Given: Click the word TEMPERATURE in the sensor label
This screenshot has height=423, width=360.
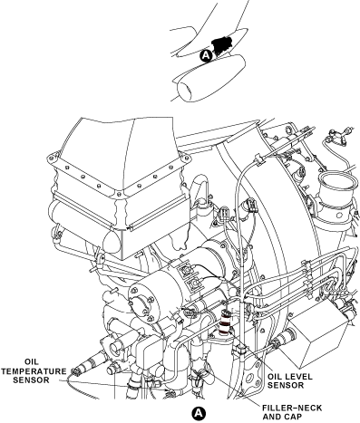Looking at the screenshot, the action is pyautogui.click(x=34, y=371).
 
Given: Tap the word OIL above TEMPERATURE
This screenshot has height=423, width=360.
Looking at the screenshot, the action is pyautogui.click(x=32, y=362).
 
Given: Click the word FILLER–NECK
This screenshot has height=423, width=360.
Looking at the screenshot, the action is pyautogui.click(x=292, y=409).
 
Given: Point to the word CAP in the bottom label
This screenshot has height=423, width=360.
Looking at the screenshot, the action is pyautogui.click(x=293, y=417).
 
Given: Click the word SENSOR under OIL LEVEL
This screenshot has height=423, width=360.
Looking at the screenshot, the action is pyautogui.click(x=286, y=385).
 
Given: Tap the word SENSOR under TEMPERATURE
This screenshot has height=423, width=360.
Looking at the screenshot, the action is pyautogui.click(x=31, y=380).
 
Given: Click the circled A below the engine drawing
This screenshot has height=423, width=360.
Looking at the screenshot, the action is pyautogui.click(x=199, y=413).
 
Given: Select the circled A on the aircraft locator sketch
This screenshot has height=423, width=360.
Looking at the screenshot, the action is pyautogui.click(x=206, y=56).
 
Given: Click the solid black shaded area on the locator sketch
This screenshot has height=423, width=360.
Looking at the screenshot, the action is pyautogui.click(x=221, y=44).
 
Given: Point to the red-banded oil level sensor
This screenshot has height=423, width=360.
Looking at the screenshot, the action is pyautogui.click(x=225, y=322).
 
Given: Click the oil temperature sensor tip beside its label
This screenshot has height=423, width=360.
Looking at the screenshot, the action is pyautogui.click(x=75, y=371).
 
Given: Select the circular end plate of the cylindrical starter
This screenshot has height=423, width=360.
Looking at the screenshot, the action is pyautogui.click(x=141, y=303).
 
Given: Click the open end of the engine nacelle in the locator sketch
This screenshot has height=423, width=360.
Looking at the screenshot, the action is pyautogui.click(x=185, y=91).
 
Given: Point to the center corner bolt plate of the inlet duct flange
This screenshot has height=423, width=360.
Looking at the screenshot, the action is pyautogui.click(x=118, y=193).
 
